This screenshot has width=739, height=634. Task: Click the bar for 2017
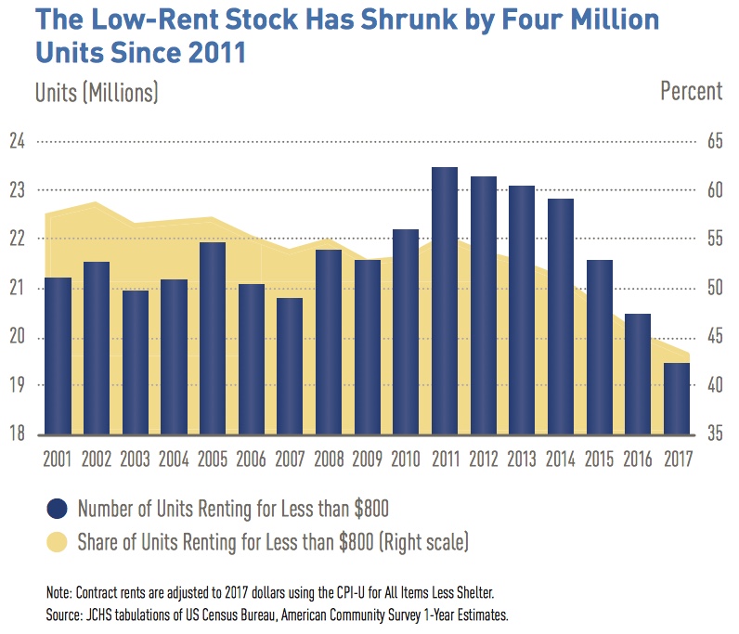click(676, 398)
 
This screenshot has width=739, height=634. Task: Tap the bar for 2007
click(290, 366)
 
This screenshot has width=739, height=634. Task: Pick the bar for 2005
click(213, 338)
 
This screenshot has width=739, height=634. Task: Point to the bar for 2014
click(560, 317)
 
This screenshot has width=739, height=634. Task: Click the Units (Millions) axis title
click(97, 91)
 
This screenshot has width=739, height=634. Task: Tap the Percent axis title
click(691, 91)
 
